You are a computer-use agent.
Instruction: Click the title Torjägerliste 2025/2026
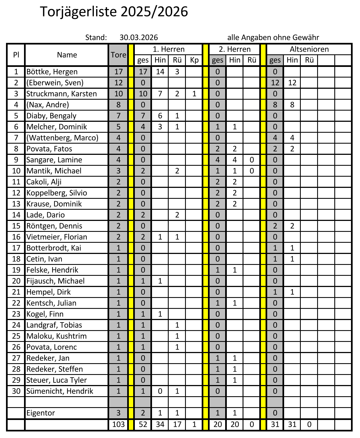pyautogui.click(x=114, y=12)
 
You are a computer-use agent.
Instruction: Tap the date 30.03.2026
pyautogui.click(x=139, y=37)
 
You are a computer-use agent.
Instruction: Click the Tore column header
pyautogui.click(x=118, y=55)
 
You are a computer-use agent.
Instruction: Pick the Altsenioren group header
pyautogui.click(x=309, y=49)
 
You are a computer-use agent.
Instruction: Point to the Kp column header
pyautogui.click(x=194, y=60)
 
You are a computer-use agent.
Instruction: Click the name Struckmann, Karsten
pyautogui.click(x=61, y=94)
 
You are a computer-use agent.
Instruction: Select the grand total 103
pyautogui.click(x=118, y=424)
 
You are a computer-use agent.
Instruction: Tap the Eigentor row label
pyautogui.click(x=41, y=413)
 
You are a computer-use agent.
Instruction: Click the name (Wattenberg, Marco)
pyautogui.click(x=62, y=138)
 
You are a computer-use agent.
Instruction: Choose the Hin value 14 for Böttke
pyautogui.click(x=160, y=72)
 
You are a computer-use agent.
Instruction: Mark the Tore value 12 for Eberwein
pyautogui.click(x=118, y=83)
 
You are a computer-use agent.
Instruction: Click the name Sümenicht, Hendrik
pyautogui.click(x=60, y=391)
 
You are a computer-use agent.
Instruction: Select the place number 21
pyautogui.click(x=16, y=292)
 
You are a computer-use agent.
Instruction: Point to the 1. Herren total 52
pyautogui.click(x=143, y=424)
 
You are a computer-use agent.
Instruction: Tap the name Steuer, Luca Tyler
pyautogui.click(x=56, y=380)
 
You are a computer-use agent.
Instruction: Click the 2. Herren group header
pyautogui.click(x=234, y=49)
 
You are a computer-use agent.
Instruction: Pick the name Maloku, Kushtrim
pyautogui.click(x=56, y=336)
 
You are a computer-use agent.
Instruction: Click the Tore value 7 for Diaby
pyautogui.click(x=118, y=116)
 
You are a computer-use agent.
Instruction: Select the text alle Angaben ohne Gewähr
pyautogui.click(x=273, y=37)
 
